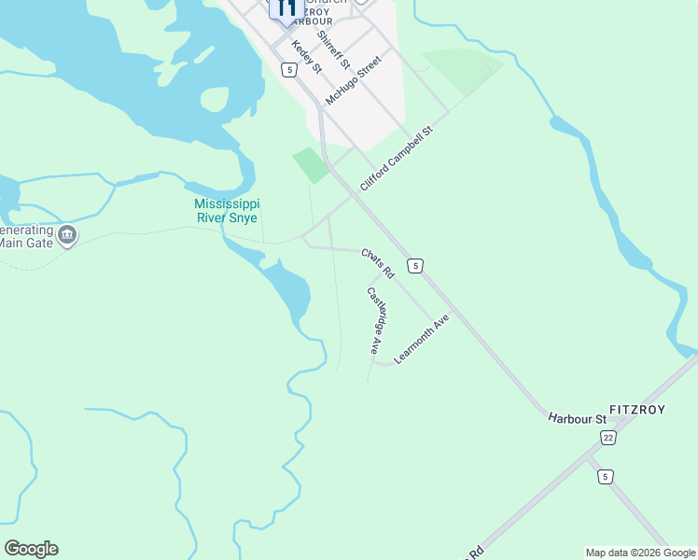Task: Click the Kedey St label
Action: [x=306, y=57]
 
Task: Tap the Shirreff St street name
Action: [x=333, y=50]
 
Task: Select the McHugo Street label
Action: [x=354, y=80]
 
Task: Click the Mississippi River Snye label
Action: [x=227, y=210]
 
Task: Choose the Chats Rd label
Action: [x=378, y=263]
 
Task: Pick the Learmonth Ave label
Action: [x=422, y=338]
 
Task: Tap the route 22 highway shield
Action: [x=609, y=438]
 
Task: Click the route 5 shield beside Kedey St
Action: [x=290, y=70]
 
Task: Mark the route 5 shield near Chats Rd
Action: [x=415, y=266]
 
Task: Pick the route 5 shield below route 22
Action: [x=606, y=476]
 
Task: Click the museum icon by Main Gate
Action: [x=66, y=234]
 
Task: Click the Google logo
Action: [x=31, y=549]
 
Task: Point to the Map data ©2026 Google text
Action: [x=640, y=553]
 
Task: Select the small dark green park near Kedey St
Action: [x=311, y=164]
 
